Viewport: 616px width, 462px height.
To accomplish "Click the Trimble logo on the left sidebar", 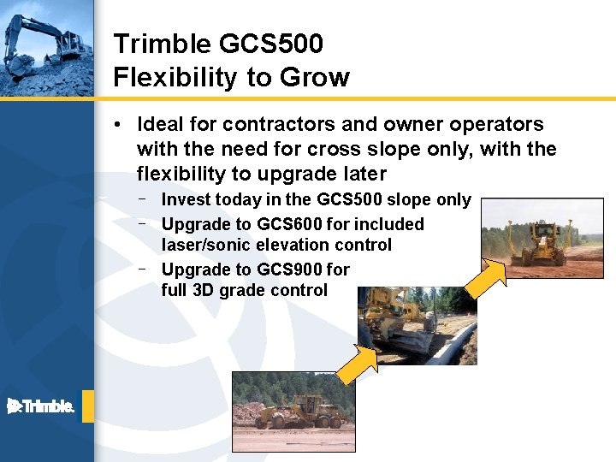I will pyautogui.click(x=41, y=406).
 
